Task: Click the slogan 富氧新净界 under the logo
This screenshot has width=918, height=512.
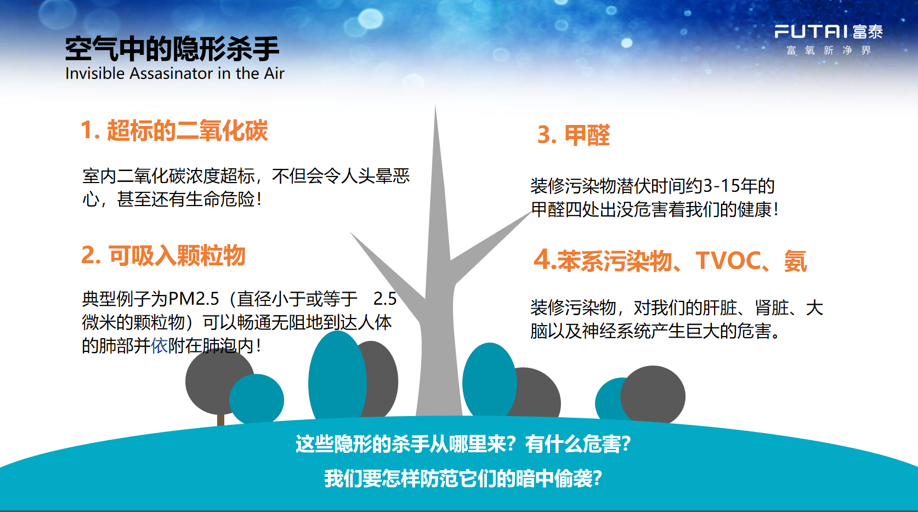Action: [x=828, y=50]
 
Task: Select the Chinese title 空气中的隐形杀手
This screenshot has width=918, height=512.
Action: [x=172, y=49]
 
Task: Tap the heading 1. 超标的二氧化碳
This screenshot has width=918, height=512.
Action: [x=174, y=130]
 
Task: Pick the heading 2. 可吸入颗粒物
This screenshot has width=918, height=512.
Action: [x=163, y=255]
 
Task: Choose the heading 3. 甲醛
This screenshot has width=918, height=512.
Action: [x=574, y=135]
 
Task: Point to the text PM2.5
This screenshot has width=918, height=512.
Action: [x=194, y=299]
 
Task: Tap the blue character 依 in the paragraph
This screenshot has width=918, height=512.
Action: [x=160, y=346]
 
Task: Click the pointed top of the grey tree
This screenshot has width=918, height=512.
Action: [x=435, y=106]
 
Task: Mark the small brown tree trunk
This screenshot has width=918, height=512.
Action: [x=220, y=419]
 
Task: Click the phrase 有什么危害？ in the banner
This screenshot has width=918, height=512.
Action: [x=578, y=444]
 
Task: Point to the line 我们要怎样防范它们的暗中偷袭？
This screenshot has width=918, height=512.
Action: [x=463, y=479]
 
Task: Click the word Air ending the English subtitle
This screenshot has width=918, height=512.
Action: [x=274, y=73]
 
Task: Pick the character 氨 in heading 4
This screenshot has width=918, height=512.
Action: [x=796, y=261]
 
